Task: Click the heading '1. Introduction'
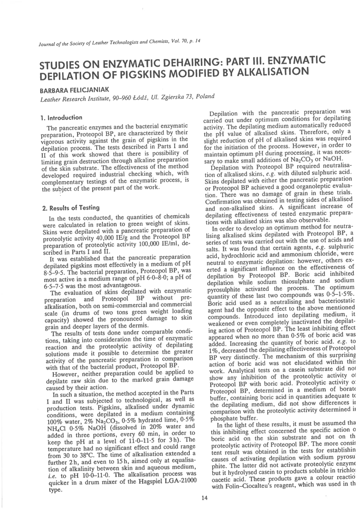(62, 117)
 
